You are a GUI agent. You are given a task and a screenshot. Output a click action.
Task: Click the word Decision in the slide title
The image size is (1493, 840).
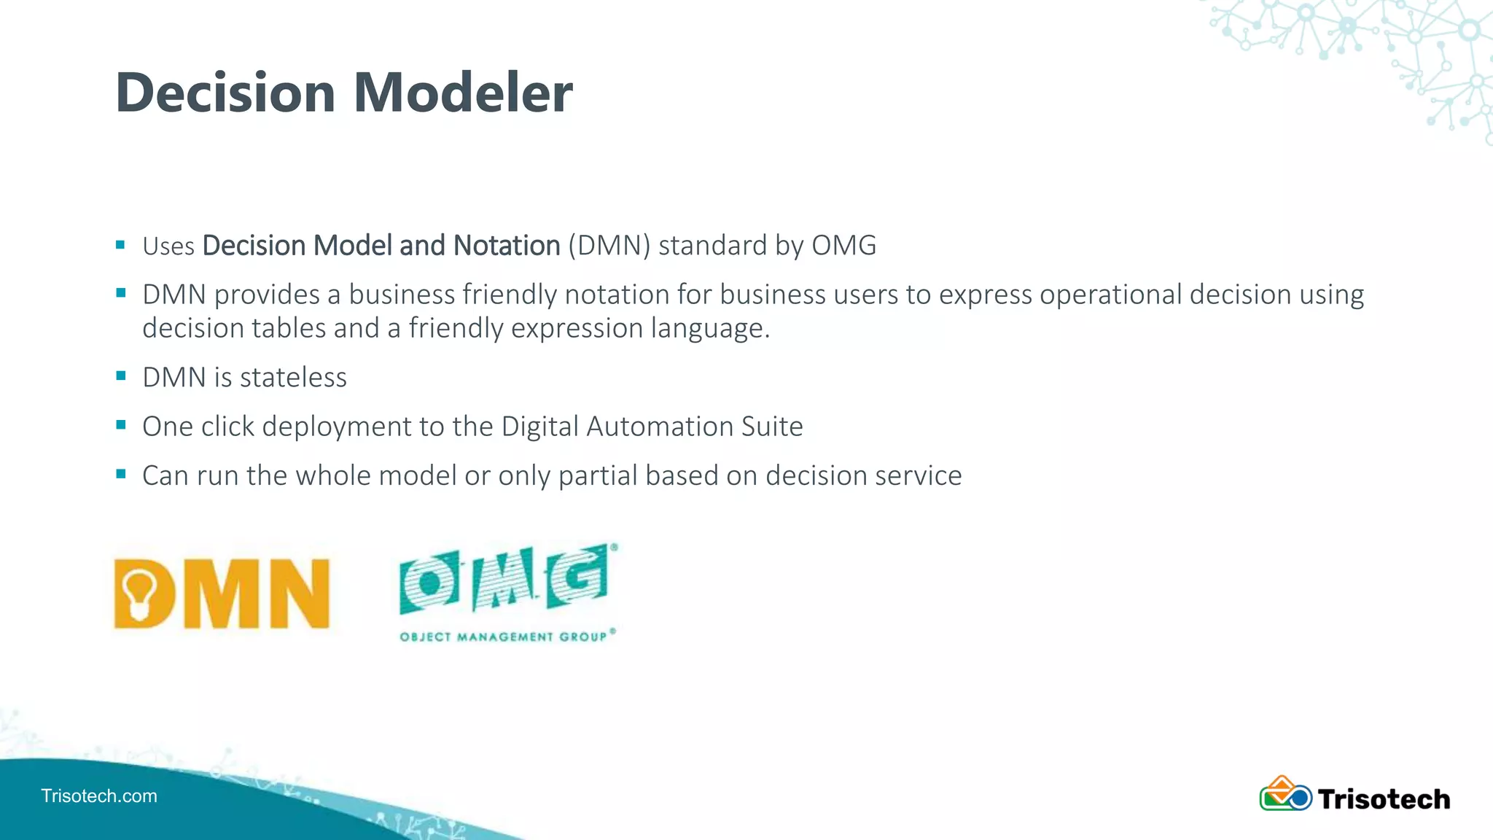225,93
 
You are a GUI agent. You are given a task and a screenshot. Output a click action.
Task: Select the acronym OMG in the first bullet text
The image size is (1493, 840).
843,246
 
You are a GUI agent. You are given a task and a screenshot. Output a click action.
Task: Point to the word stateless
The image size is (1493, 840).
293,378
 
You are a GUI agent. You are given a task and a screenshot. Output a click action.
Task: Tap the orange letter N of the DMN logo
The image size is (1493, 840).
300,594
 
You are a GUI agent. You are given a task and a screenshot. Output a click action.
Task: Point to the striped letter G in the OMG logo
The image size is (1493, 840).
580,580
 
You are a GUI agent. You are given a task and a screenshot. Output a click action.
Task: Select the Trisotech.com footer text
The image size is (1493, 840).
99,796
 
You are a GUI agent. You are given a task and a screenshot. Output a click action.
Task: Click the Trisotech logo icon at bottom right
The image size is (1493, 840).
1285,795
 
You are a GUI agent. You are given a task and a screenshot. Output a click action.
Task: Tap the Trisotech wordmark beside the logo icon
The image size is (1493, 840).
1384,799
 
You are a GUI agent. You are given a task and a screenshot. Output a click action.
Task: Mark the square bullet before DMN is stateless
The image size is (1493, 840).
121,376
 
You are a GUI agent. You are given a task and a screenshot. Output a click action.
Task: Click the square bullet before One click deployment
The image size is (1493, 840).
121,425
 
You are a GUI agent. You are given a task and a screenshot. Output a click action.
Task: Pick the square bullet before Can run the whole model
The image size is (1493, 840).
121,474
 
